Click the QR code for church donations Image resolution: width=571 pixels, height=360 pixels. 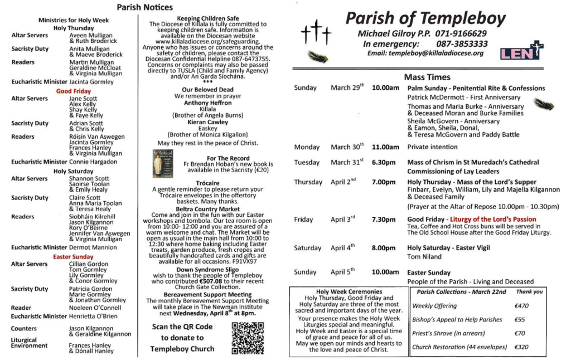244,338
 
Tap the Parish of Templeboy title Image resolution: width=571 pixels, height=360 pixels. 425,19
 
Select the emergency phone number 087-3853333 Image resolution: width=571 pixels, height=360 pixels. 462,43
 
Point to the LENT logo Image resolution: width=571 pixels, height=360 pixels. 521,51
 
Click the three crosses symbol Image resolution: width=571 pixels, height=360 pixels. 316,32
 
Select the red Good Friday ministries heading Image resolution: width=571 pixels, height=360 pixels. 74,91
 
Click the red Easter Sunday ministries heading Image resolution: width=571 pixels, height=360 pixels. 74,257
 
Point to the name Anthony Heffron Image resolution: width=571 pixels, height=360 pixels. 207,103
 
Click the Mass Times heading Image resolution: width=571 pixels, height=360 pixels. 427,77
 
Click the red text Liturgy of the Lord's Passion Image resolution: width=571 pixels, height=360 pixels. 493,220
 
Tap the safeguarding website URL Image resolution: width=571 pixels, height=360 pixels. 205,42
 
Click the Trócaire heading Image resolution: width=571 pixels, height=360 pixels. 207,183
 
